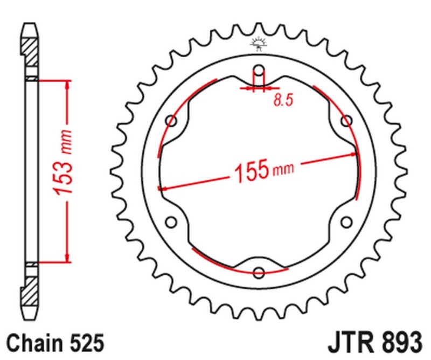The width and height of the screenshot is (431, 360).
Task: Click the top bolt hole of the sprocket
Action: pyautogui.click(x=259, y=70)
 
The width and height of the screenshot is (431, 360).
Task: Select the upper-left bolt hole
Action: pyautogui.click(x=172, y=120)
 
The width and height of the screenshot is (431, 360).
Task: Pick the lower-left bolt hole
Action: pyautogui.click(x=172, y=221)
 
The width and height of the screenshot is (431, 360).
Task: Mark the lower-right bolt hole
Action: pyautogui.click(x=346, y=221)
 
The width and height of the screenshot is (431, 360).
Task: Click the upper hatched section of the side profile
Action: pyautogui.click(x=31, y=51)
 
